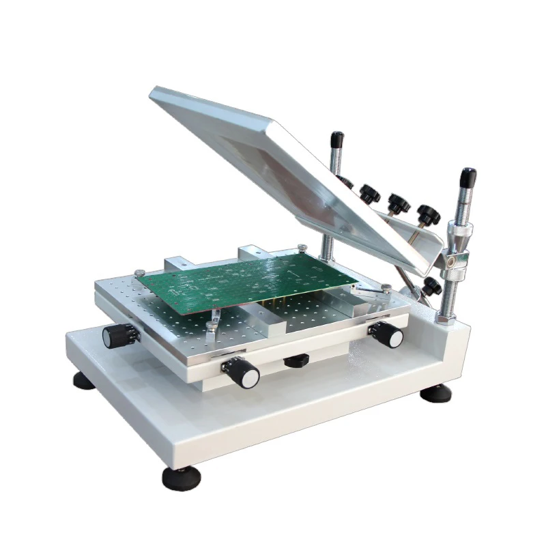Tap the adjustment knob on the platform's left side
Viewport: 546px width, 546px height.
pyautogui.click(x=115, y=335)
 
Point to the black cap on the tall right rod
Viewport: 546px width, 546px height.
pyautogui.click(x=468, y=179)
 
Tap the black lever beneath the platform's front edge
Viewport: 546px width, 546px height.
pyautogui.click(x=296, y=360)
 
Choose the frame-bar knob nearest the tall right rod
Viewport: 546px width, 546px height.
pyautogui.click(x=429, y=214)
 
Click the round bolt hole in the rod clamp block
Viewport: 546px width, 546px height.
pyautogui.click(x=451, y=259)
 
